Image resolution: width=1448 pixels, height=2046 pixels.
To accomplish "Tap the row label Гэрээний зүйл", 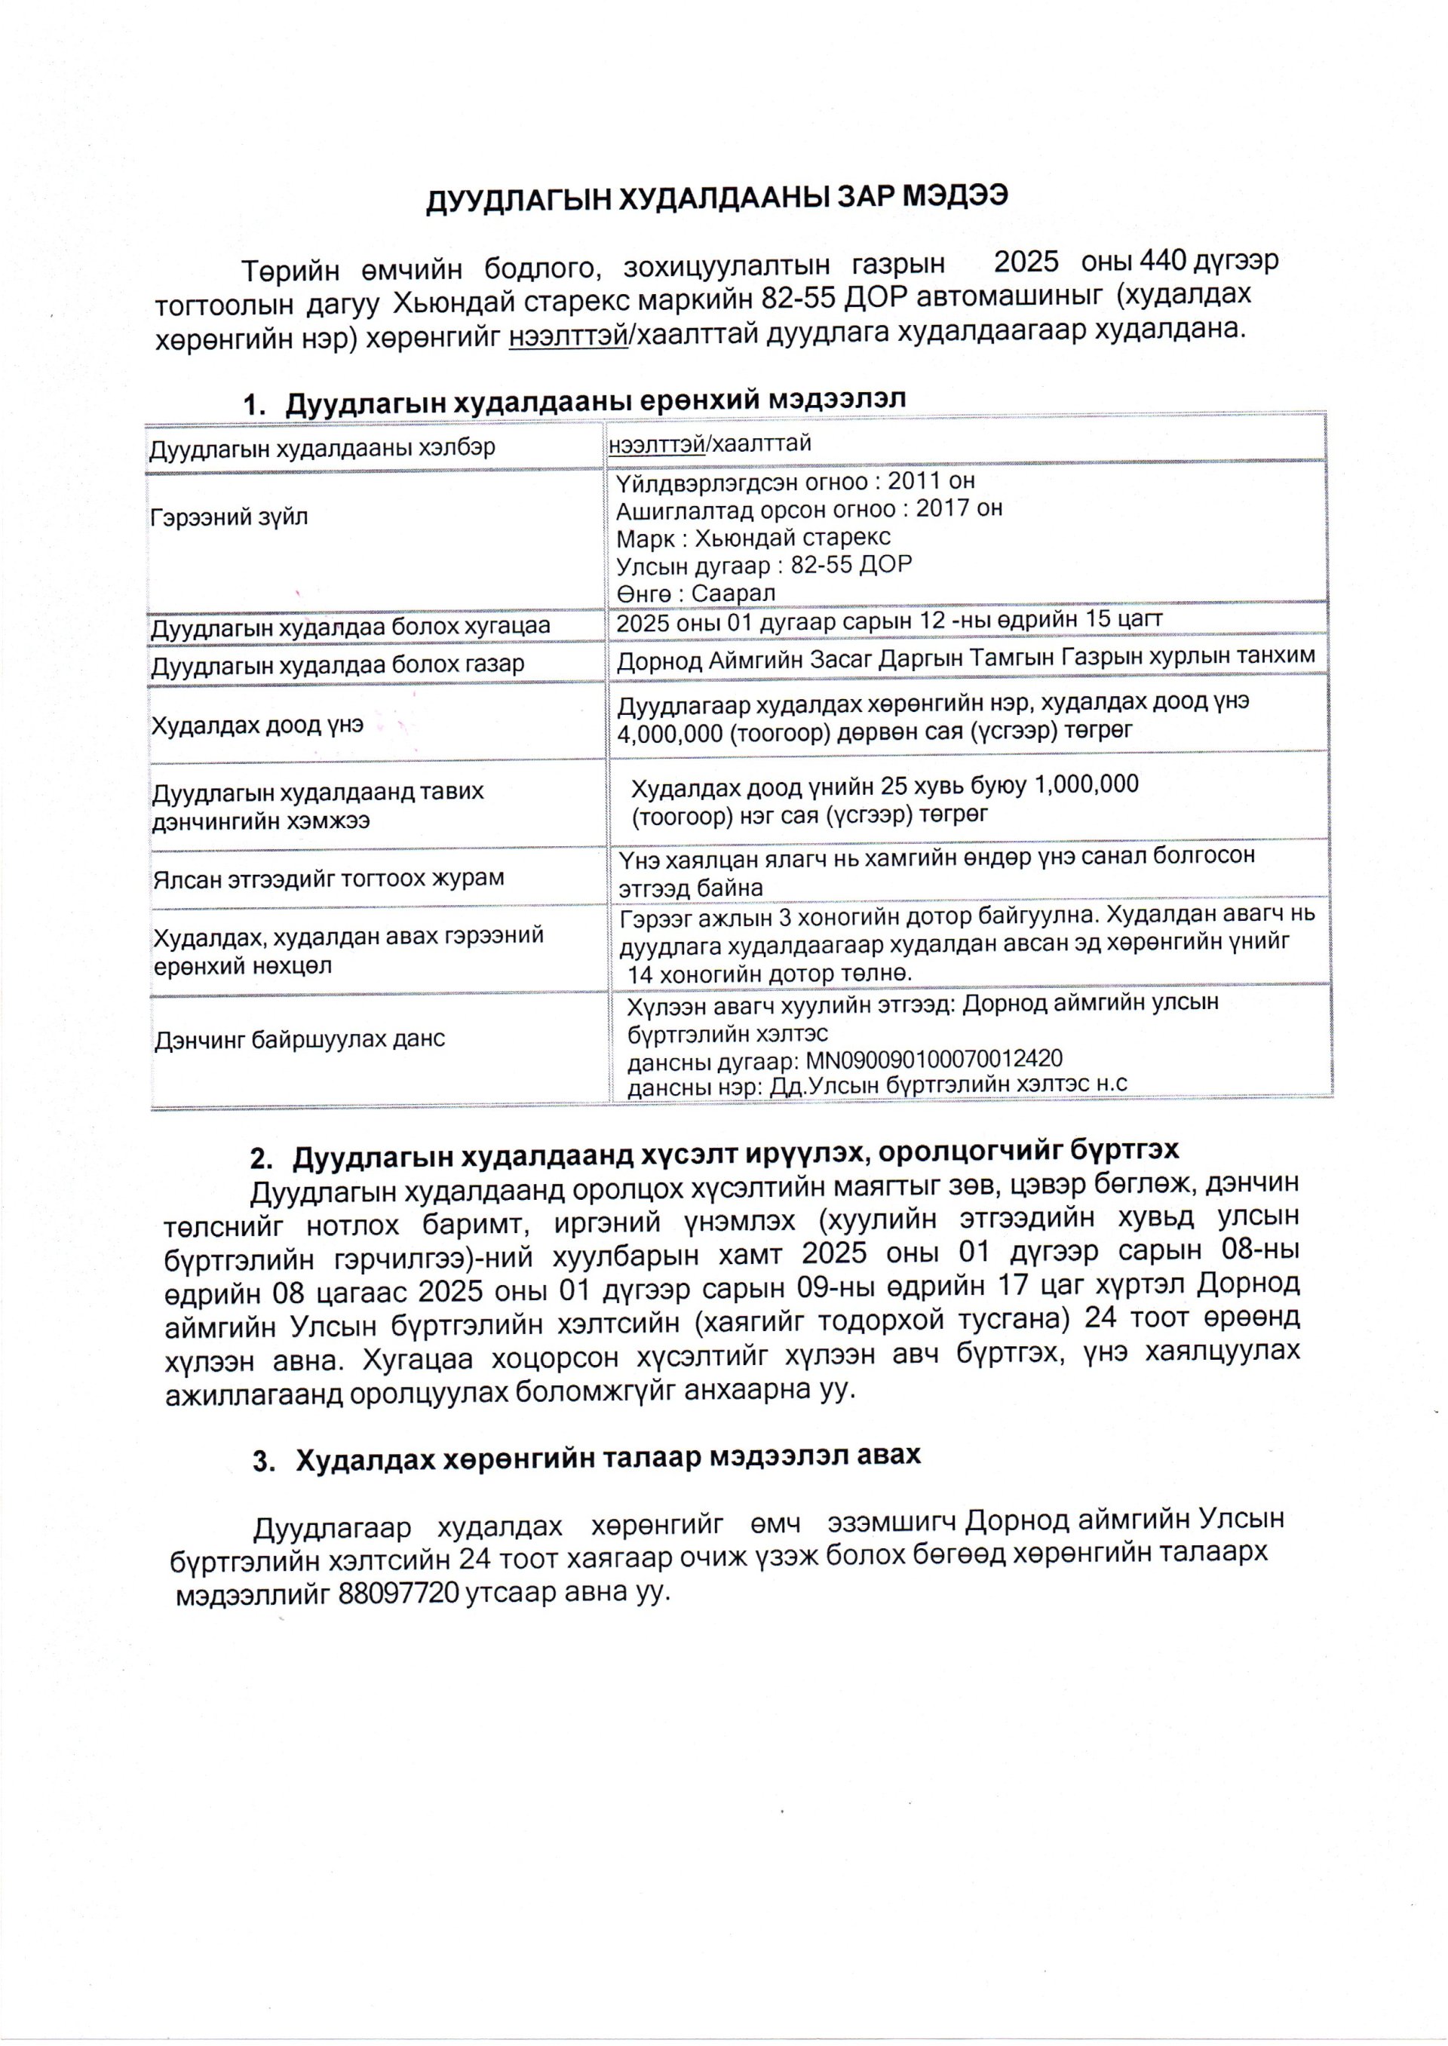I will pyautogui.click(x=230, y=517).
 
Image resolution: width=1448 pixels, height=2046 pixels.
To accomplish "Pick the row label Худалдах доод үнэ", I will pyautogui.click(x=258, y=724).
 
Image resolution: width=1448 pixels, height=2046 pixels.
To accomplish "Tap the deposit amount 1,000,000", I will pyautogui.click(x=1084, y=784).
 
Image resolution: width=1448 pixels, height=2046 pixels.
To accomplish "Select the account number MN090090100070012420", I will pyautogui.click(x=934, y=1059).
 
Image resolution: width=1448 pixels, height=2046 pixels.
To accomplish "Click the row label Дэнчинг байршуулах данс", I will pyautogui.click(x=299, y=1039).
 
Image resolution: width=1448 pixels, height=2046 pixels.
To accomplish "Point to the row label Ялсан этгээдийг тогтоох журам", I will pyautogui.click(x=329, y=878).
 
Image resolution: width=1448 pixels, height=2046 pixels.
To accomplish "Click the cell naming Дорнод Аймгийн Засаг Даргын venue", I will pyautogui.click(x=965, y=658).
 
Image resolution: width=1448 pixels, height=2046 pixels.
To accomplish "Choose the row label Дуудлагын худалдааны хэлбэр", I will pyautogui.click(x=322, y=447).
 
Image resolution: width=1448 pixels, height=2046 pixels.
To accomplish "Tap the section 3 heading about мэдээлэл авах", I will pyautogui.click(x=607, y=1457).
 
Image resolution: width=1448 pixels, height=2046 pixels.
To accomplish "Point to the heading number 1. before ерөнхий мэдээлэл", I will pyautogui.click(x=255, y=402).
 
